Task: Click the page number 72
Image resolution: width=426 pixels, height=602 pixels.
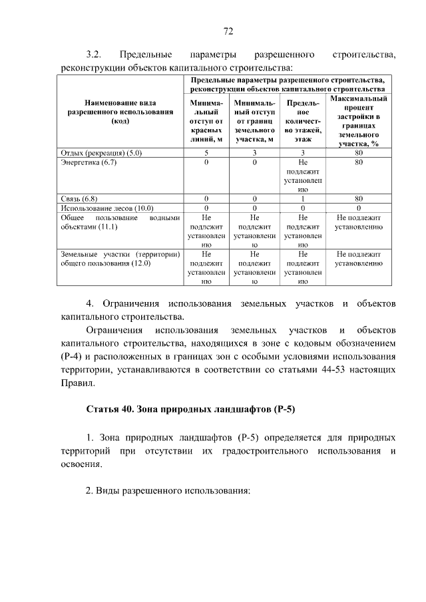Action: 228,31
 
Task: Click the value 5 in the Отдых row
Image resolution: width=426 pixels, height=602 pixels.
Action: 206,153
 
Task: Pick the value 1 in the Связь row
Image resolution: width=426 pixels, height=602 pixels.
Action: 302,198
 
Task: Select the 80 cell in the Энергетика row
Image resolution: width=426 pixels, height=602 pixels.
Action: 359,162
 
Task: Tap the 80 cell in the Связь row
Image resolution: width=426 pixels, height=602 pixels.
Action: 359,198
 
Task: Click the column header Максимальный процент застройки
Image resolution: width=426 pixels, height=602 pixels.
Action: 359,120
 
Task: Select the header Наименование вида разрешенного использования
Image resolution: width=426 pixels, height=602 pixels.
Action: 120,112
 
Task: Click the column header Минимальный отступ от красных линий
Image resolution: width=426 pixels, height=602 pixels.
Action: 206,122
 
